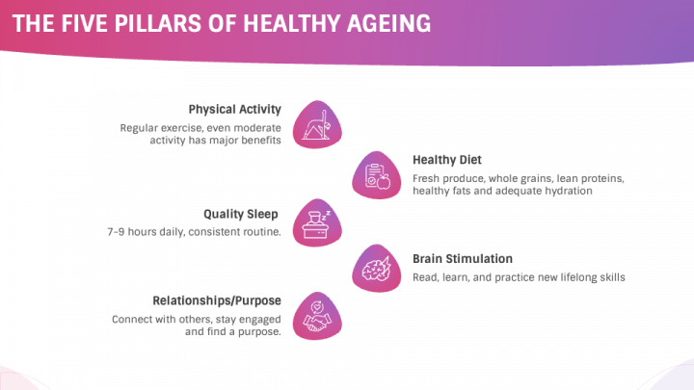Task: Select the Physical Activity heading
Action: click(x=234, y=109)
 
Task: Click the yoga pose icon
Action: click(x=314, y=123)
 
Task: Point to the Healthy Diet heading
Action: click(x=447, y=160)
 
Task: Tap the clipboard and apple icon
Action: click(x=376, y=175)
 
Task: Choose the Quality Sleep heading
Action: click(x=242, y=213)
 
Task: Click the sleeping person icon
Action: click(x=314, y=223)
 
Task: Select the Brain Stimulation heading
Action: click(x=463, y=258)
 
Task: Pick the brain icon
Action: click(x=376, y=272)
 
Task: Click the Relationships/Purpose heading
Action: click(x=217, y=299)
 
